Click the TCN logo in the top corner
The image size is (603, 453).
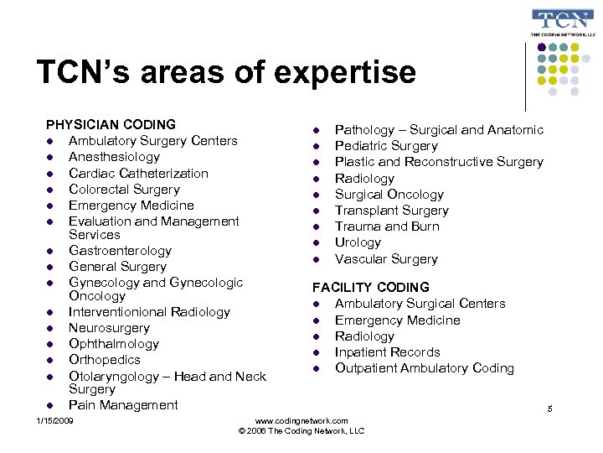[x=563, y=23]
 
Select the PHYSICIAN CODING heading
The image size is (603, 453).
[x=111, y=125]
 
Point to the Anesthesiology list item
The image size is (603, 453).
[x=114, y=157]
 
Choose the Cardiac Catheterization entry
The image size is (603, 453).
[x=138, y=173]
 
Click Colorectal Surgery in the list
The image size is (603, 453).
[x=124, y=190]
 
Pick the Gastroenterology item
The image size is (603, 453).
[x=120, y=251]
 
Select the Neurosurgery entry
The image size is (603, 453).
[x=109, y=328]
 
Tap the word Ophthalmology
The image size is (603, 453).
[x=114, y=344]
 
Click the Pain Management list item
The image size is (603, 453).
[x=123, y=405]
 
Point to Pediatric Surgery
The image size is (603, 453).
[x=386, y=146]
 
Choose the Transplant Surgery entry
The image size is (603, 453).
[x=391, y=211]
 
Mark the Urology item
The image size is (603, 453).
[x=358, y=242]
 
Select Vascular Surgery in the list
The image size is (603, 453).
[x=386, y=259]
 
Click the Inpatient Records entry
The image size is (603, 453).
[x=387, y=352]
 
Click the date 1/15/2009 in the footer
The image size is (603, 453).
[x=55, y=419]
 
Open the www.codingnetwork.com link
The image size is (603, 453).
[x=301, y=420]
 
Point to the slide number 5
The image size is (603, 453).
[x=550, y=409]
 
